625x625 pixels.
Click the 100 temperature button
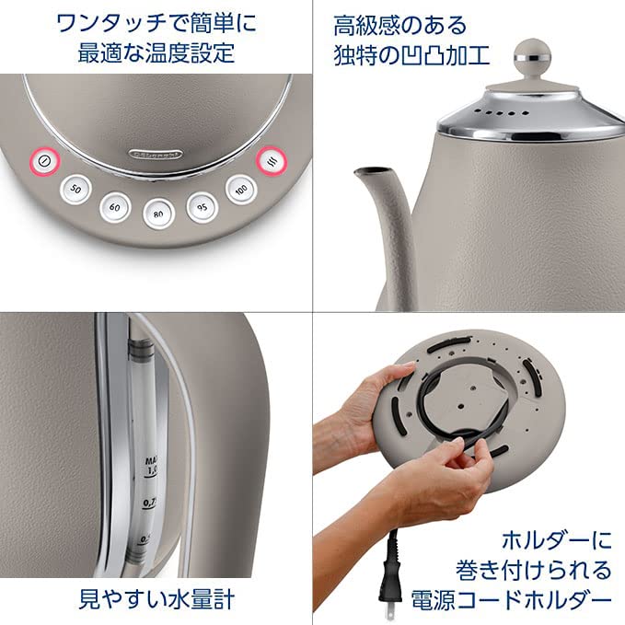click(x=241, y=189)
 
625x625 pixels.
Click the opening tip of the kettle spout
click(x=365, y=172)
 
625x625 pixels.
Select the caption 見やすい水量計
click(x=156, y=598)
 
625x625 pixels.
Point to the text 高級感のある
click(x=400, y=24)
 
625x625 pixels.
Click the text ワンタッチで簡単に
click(x=156, y=22)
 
